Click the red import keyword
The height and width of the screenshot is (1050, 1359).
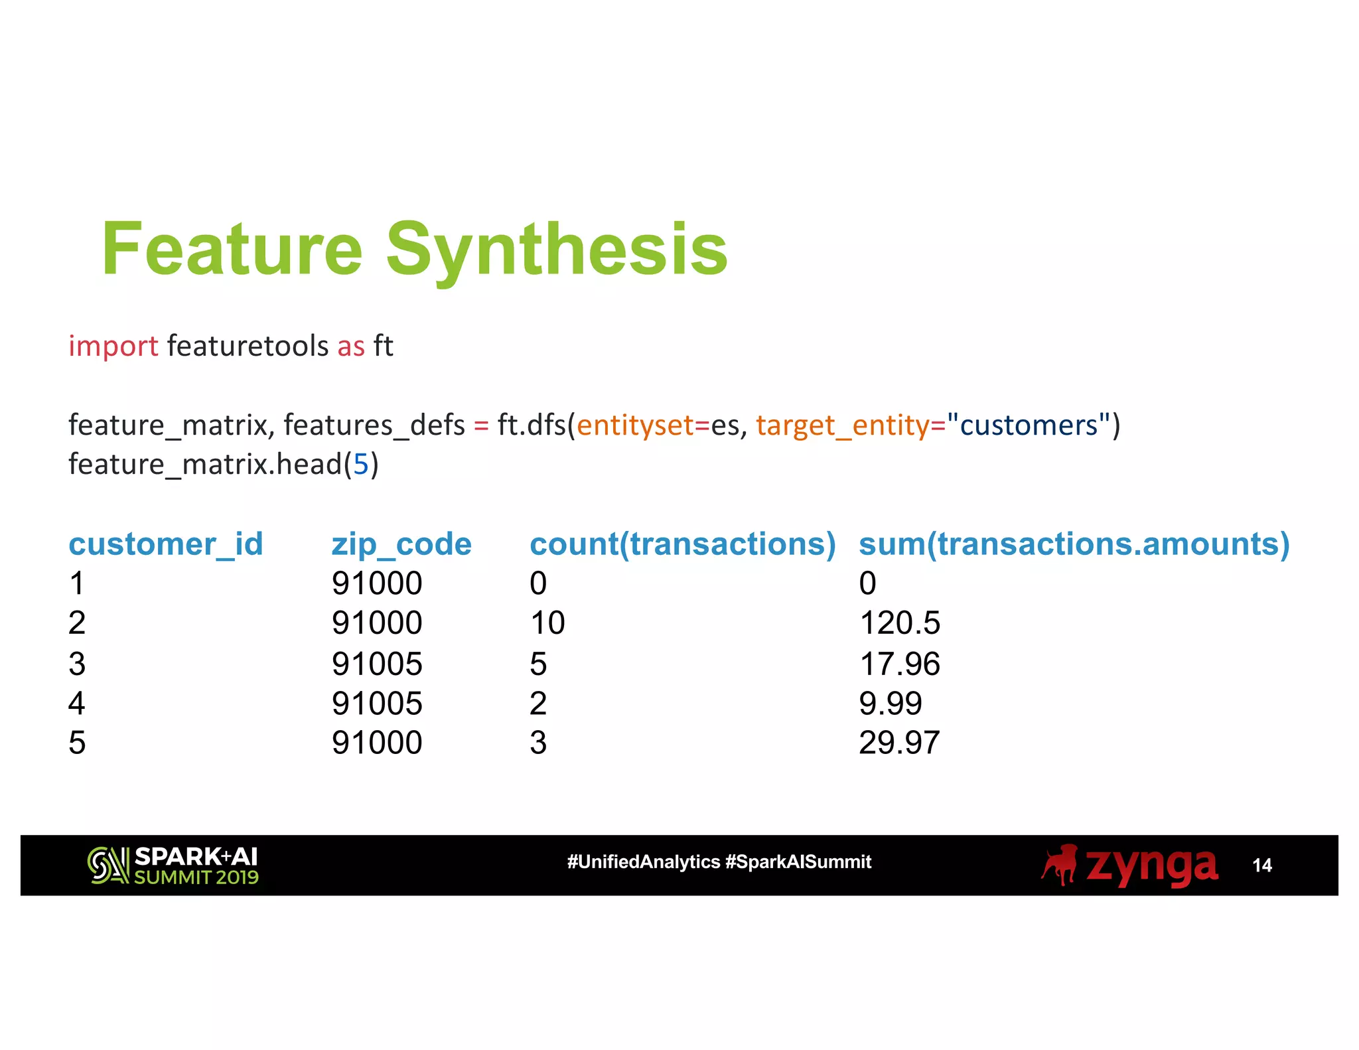point(113,346)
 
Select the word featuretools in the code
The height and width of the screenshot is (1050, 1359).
point(248,346)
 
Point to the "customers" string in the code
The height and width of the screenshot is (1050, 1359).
point(1029,425)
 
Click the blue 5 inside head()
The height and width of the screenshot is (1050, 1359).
point(360,465)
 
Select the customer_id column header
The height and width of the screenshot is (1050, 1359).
point(166,544)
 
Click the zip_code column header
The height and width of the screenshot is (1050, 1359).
point(401,544)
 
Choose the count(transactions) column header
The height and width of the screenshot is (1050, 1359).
point(682,544)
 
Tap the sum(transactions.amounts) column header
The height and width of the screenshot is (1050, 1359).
point(1074,544)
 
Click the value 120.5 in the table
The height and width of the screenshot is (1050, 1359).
point(899,623)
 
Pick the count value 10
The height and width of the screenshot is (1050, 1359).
point(547,623)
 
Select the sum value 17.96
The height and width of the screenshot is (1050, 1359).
point(899,664)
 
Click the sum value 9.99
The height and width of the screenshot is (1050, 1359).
point(890,704)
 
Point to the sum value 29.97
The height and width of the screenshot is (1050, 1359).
point(899,743)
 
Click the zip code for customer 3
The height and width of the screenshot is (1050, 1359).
point(377,664)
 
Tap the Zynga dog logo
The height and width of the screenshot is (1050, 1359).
point(1060,865)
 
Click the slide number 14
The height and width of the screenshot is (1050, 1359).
point(1261,865)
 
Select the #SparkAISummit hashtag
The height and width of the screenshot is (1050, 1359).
point(798,862)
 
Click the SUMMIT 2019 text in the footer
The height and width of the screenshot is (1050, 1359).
point(196,877)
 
